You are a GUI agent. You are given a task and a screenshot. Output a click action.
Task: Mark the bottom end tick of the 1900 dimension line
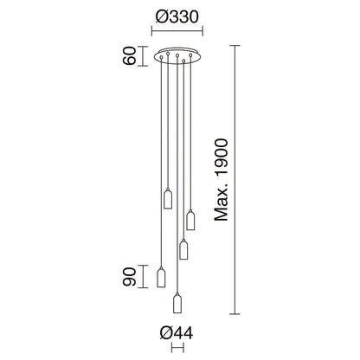pyautogui.click(x=233, y=314)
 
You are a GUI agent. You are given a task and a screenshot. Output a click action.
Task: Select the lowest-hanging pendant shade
pyautogui.click(x=177, y=303)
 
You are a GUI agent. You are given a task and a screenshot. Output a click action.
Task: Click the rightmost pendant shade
pyautogui.click(x=190, y=220)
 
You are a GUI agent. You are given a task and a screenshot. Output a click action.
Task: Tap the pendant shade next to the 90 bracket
pyautogui.click(x=160, y=277)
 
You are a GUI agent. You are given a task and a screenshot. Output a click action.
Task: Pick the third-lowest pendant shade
pyautogui.click(x=183, y=249)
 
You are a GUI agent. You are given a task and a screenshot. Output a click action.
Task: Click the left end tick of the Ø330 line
pyautogui.click(x=153, y=33)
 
